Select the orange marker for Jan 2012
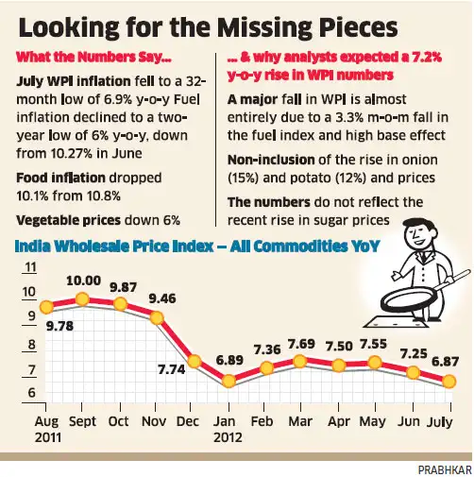(x=228, y=382)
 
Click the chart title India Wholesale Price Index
(x=146, y=247)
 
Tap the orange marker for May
(x=375, y=364)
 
